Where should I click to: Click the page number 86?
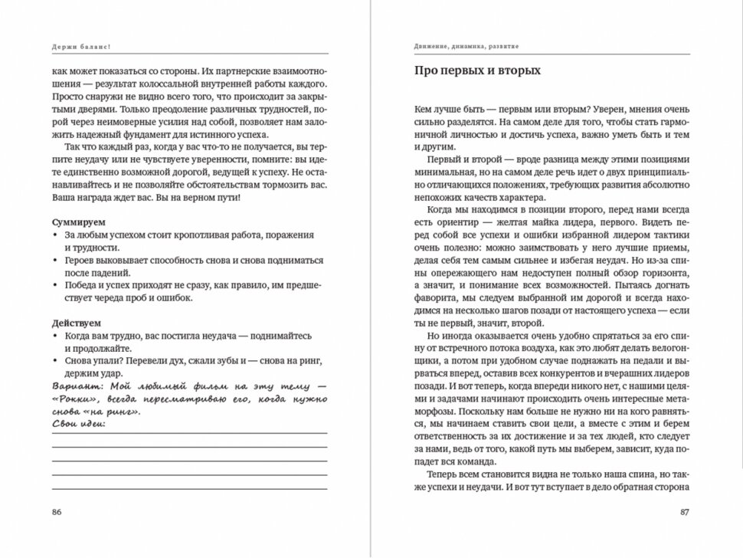click(58, 512)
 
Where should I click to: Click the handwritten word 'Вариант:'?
click(76, 386)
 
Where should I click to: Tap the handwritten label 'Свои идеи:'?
click(80, 423)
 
